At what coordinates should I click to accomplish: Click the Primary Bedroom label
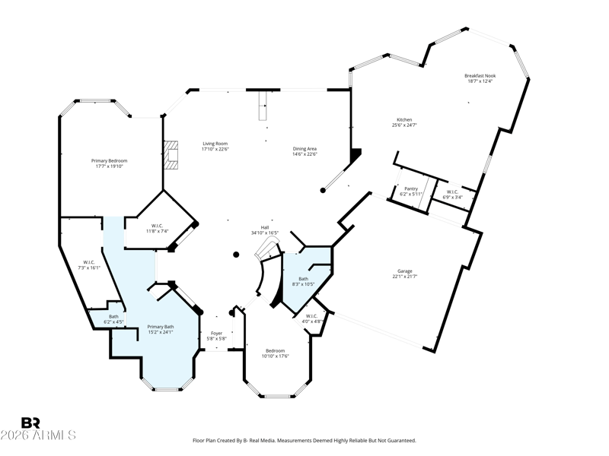tap(109, 161)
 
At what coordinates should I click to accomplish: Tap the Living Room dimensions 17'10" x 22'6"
tap(215, 149)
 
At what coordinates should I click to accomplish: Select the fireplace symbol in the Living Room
tap(171, 155)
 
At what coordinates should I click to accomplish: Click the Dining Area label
tap(304, 148)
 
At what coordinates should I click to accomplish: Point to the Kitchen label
tap(404, 120)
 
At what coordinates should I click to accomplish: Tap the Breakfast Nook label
tap(480, 76)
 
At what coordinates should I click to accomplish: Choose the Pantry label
tap(411, 188)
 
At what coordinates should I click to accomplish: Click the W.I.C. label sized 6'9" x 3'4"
tap(452, 192)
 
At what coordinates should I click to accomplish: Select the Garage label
tap(405, 271)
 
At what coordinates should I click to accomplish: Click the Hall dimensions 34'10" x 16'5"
tap(265, 233)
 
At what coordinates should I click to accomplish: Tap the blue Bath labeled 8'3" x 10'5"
tap(303, 279)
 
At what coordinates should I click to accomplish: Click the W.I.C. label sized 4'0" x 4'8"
tap(311, 316)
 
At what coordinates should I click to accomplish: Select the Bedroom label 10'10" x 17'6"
tap(276, 351)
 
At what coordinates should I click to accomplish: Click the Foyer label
tap(216, 334)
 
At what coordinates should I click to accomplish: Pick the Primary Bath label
tap(161, 327)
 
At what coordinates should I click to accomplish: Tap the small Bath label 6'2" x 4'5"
tap(113, 317)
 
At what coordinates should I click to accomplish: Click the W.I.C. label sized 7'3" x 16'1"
tap(89, 262)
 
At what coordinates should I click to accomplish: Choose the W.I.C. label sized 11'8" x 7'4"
tap(157, 226)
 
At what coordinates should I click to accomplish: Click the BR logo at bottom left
tap(30, 423)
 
